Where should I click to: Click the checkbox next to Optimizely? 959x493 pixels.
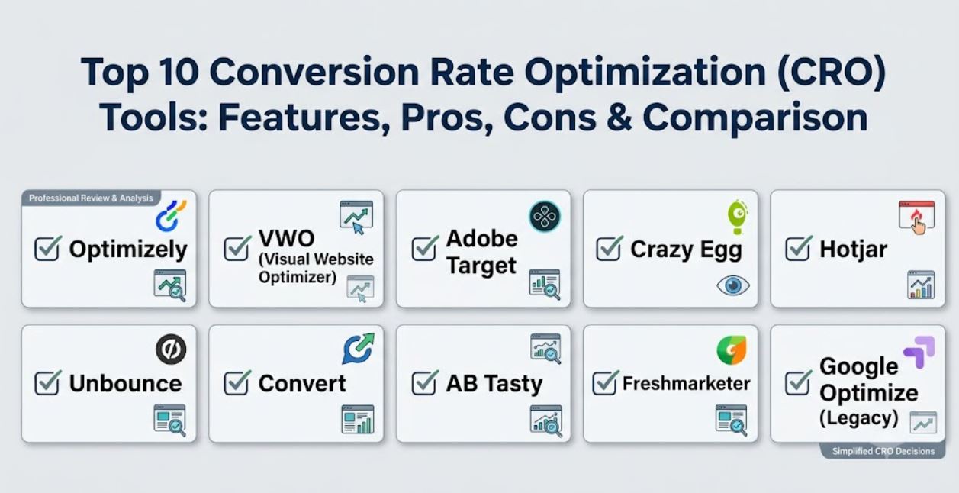pyautogui.click(x=47, y=249)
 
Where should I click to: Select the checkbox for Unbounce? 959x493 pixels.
pyautogui.click(x=47, y=382)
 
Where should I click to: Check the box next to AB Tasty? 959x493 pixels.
pyautogui.click(x=425, y=382)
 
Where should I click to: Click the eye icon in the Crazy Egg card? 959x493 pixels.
pyautogui.click(x=733, y=285)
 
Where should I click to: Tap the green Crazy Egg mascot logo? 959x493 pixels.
pyautogui.click(x=737, y=217)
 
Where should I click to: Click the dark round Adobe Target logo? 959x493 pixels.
pyautogui.click(x=545, y=216)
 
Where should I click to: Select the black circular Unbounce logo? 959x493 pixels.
pyautogui.click(x=171, y=350)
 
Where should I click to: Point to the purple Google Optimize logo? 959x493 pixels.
pyautogui.click(x=919, y=352)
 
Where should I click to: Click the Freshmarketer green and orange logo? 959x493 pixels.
pyautogui.click(x=732, y=350)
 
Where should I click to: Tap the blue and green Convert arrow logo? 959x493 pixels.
pyautogui.click(x=358, y=349)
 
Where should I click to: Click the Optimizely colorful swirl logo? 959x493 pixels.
pyautogui.click(x=171, y=215)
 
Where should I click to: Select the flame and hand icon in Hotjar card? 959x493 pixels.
pyautogui.click(x=916, y=217)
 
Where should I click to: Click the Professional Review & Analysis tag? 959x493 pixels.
pyautogui.click(x=91, y=198)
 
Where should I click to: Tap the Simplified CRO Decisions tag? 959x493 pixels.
pyautogui.click(x=883, y=451)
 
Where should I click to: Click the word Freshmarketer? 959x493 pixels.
pyautogui.click(x=687, y=383)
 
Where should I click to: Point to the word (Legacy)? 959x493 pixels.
pyautogui.click(x=859, y=417)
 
